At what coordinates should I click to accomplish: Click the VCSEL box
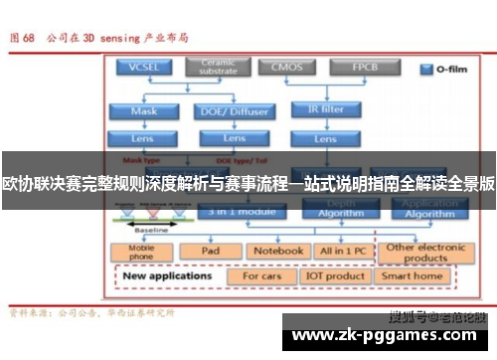[x=145, y=68]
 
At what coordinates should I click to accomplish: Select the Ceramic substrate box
[x=219, y=68]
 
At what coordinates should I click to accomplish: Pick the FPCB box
[x=363, y=68]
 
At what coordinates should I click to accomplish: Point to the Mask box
[x=144, y=111]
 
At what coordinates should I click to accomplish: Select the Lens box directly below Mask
[x=144, y=137]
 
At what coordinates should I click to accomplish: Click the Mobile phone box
[x=142, y=252]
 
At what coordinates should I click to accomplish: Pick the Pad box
[x=211, y=252]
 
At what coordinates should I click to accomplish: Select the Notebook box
[x=276, y=252]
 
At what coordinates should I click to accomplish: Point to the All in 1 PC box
[x=341, y=252]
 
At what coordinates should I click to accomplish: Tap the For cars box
[x=263, y=275]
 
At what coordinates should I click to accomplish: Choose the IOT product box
[x=336, y=275]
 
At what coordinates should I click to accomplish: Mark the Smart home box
[x=413, y=275]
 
